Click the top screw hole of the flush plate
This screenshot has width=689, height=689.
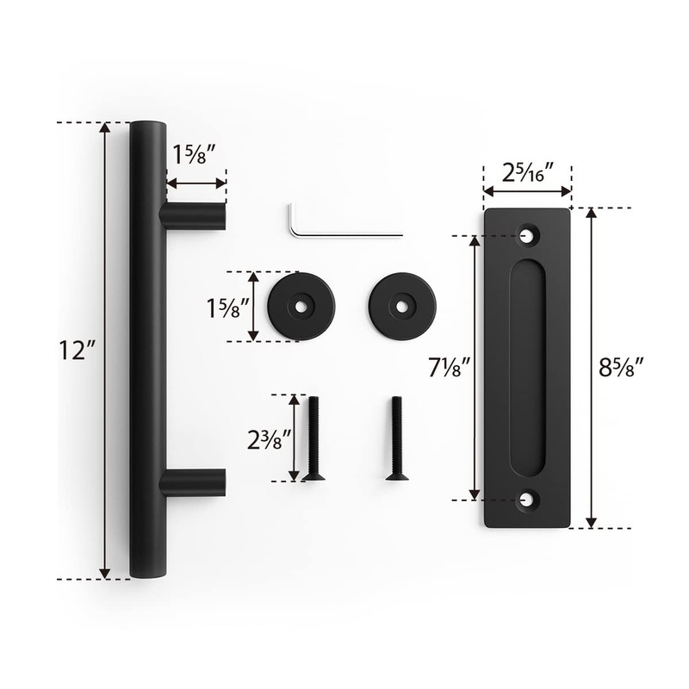click(527, 234)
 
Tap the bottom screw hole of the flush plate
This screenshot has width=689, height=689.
click(527, 499)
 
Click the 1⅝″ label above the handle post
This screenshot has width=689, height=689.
click(195, 156)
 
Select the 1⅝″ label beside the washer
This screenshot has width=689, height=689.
click(228, 307)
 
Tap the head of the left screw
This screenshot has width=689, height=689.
click(313, 475)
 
